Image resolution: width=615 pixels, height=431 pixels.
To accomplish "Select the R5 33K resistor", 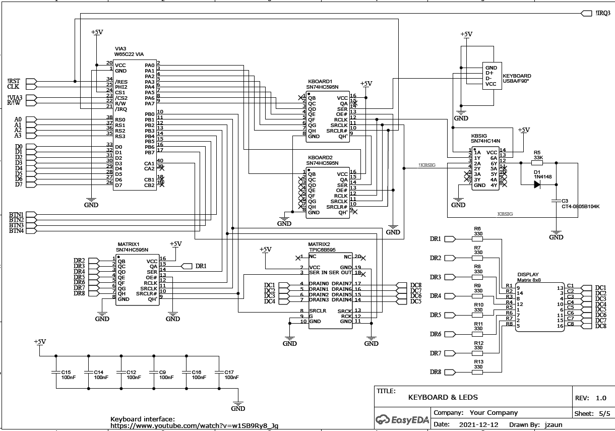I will (538, 163).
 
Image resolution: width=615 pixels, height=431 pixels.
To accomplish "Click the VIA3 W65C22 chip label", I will (129, 52).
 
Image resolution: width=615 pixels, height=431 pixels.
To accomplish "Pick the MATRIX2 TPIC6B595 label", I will (322, 247).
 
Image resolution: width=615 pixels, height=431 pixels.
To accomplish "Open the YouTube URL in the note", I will (194, 426).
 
